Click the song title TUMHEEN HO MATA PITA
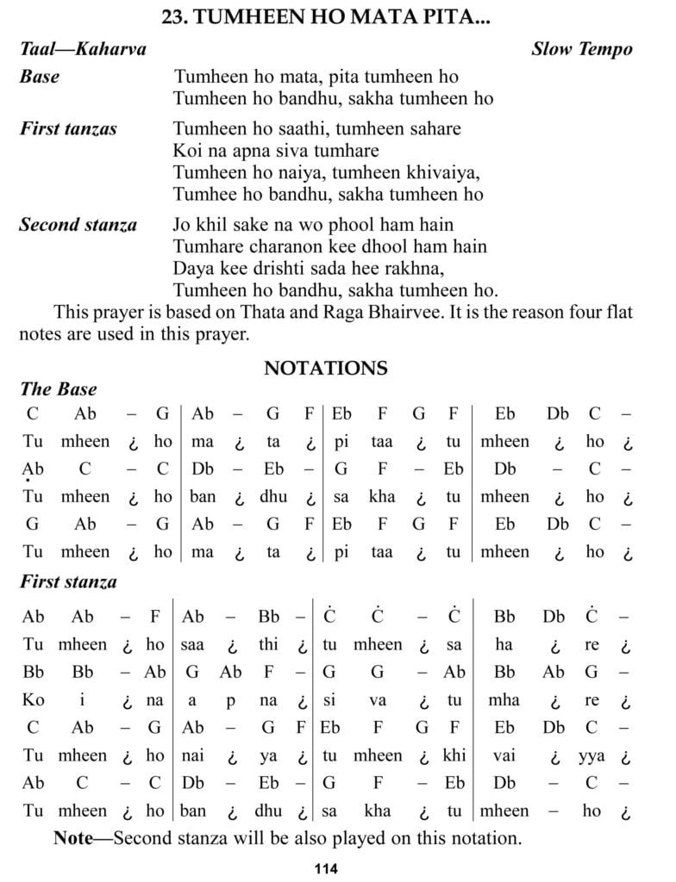325,16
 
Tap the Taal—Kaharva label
83,48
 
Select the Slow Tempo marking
581,48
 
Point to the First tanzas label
68,129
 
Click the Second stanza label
78,226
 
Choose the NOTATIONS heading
325,369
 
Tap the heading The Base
59,389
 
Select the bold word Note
73,837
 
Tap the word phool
335,226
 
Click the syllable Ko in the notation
34,700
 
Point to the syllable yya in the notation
591,756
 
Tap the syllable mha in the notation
504,700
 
